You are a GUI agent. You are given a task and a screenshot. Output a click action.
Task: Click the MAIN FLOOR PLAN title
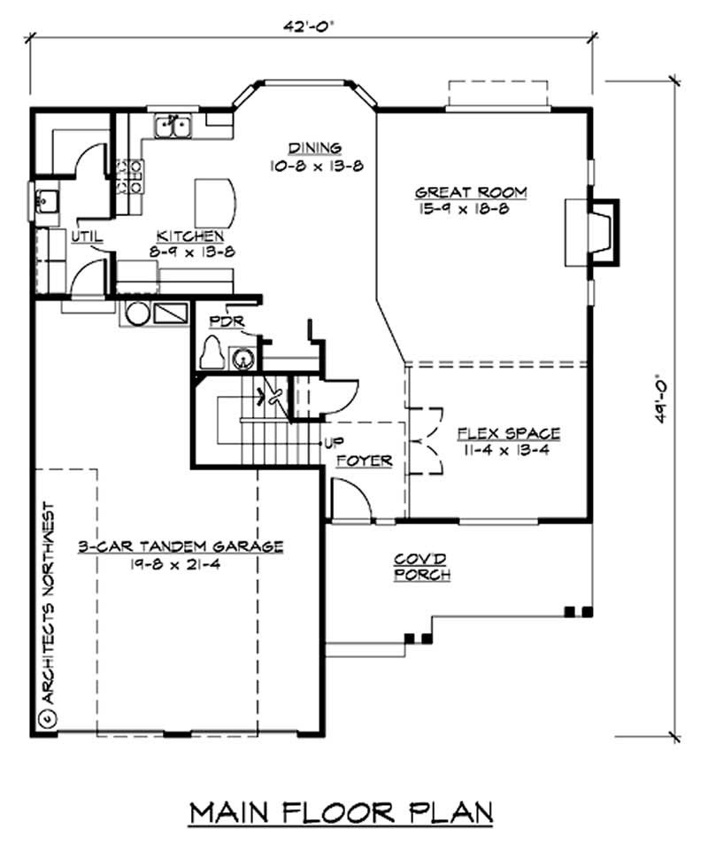coord(341,812)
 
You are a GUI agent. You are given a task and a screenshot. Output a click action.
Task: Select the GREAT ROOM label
coord(459,192)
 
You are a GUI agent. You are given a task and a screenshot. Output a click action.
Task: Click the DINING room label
coord(314,148)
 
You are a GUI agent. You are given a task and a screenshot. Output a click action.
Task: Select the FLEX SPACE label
coord(508,434)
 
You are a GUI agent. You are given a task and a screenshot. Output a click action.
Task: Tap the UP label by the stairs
coord(335,442)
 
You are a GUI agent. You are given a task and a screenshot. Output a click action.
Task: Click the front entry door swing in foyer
coord(351,500)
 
